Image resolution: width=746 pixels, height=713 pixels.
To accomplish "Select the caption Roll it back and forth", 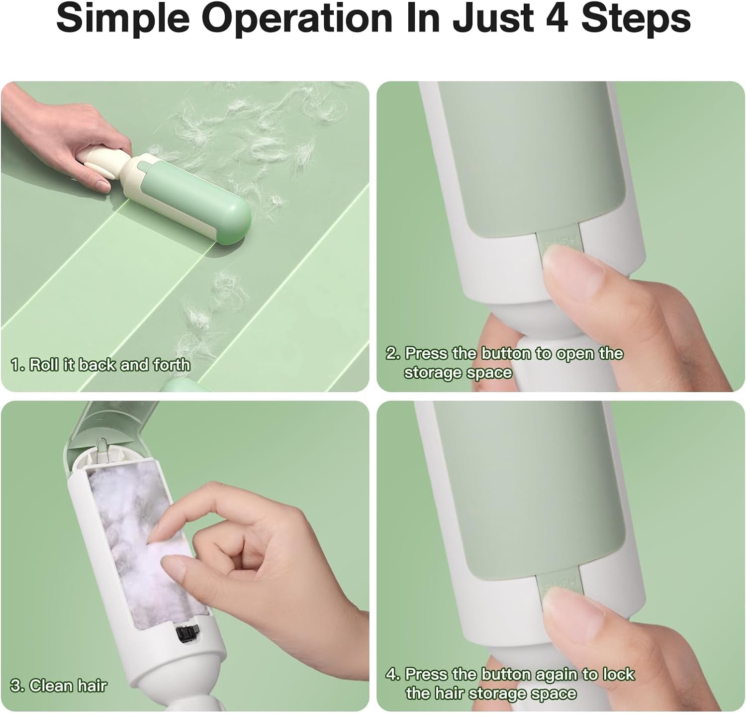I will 100,365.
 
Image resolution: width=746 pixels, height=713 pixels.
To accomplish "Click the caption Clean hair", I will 58,686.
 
